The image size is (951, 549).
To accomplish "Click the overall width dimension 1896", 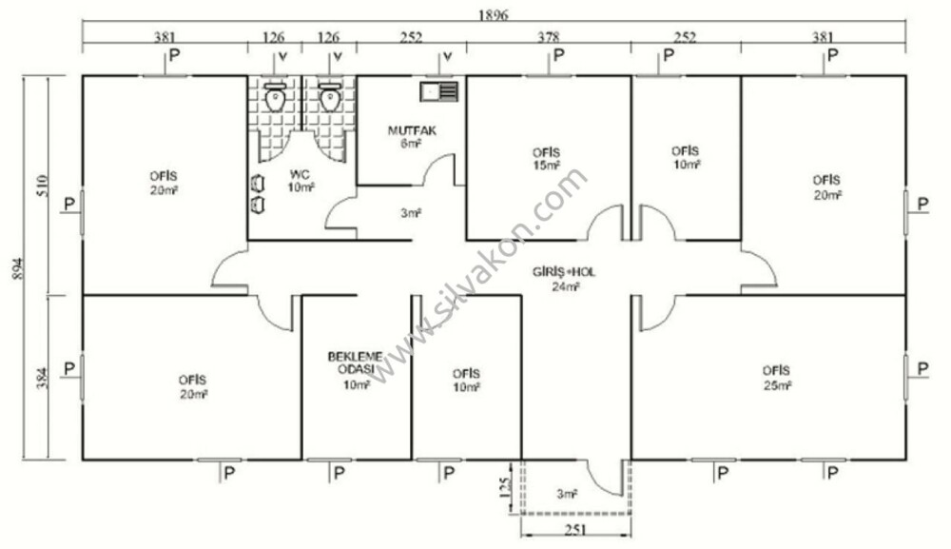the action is click(493, 14).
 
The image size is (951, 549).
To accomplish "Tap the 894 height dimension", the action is click(17, 268).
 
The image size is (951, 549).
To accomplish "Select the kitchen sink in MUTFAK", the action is click(439, 91).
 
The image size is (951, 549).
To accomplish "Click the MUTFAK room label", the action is click(412, 130).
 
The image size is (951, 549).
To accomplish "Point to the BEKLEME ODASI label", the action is click(355, 363).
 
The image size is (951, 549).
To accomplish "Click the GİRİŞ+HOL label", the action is click(564, 272).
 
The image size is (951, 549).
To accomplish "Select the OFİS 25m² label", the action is click(776, 378).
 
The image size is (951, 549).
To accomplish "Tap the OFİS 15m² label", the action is click(547, 158).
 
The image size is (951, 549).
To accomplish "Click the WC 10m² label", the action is click(301, 181).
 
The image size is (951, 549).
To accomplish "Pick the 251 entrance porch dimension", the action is click(575, 530).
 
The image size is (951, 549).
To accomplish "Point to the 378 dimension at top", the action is click(549, 38).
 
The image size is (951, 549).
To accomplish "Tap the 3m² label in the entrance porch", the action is click(567, 495).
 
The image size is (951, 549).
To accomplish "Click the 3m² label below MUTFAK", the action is click(411, 213).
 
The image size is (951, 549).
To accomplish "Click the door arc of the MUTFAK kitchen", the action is click(433, 162).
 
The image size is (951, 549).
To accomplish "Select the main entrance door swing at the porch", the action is click(597, 480).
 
